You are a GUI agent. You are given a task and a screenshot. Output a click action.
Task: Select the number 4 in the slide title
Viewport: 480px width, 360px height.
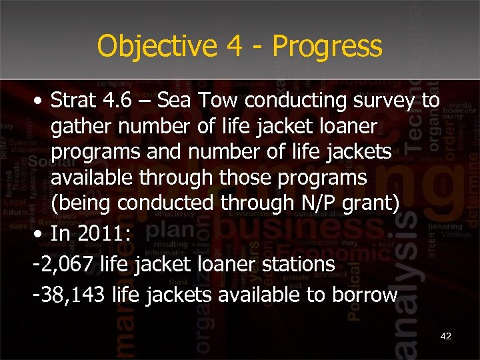(232, 46)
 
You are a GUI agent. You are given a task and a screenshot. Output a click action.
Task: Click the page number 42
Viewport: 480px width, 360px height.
(446, 336)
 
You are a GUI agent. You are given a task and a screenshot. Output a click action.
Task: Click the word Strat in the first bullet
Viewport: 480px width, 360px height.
(77, 101)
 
